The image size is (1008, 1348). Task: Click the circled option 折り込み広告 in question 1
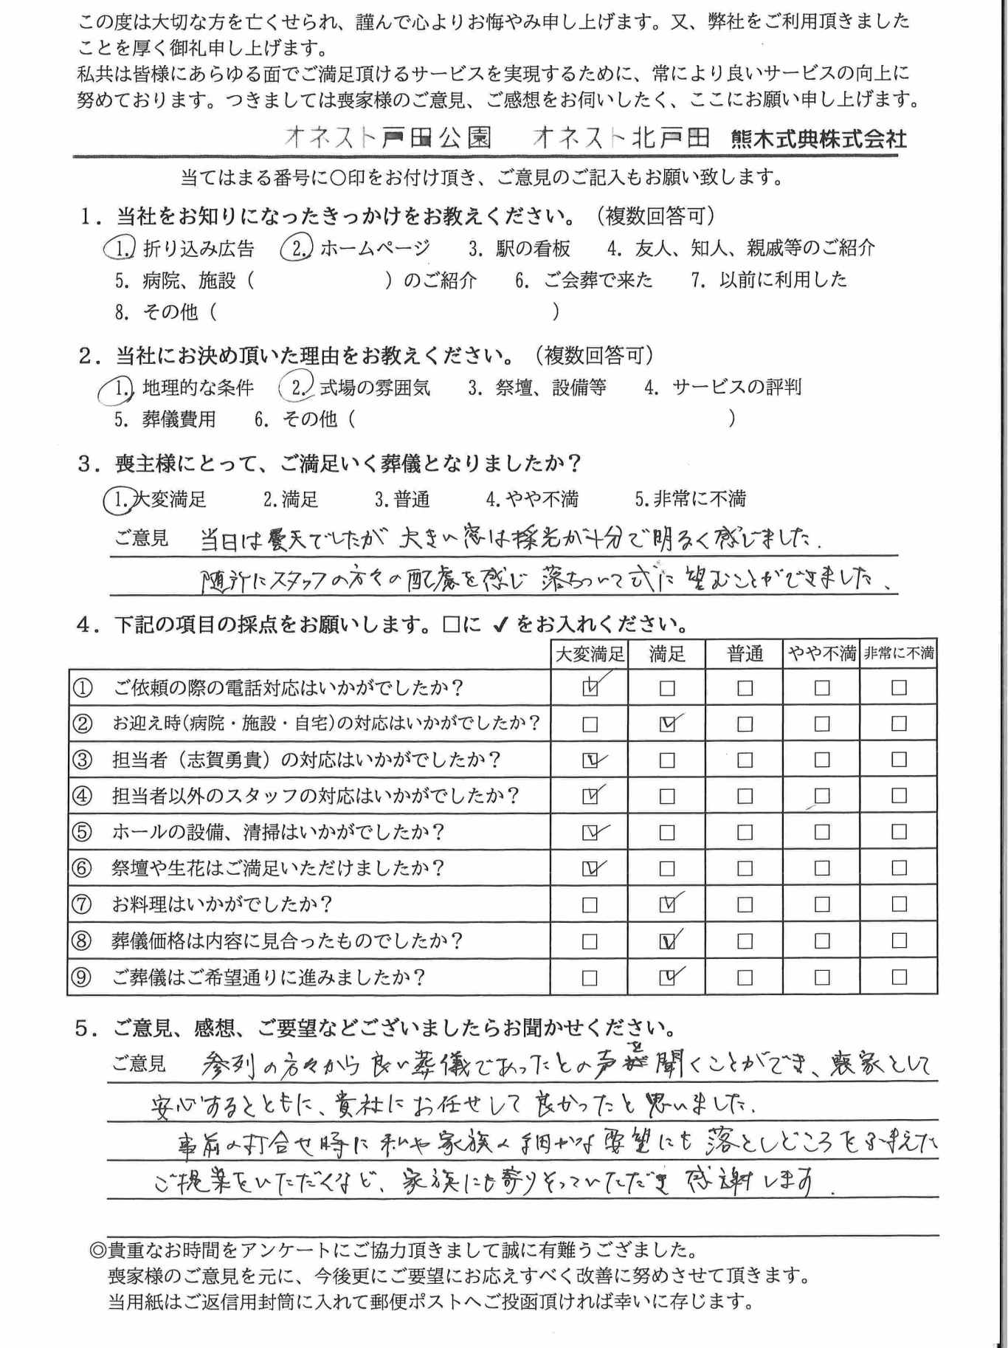point(181,249)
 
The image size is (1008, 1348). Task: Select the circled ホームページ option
point(356,249)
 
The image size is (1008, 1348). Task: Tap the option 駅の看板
point(519,249)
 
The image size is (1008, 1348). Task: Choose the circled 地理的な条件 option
point(177,388)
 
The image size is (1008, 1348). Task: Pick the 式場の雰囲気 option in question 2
point(356,388)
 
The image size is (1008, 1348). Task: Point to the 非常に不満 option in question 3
point(691,500)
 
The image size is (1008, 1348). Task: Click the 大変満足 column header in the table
point(590,653)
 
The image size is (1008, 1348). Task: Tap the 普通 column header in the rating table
point(745,653)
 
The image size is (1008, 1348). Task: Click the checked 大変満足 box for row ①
point(590,688)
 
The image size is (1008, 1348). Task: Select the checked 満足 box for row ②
point(667,724)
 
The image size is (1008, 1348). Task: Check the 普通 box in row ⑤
point(745,832)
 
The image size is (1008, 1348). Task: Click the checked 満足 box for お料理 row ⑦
point(667,904)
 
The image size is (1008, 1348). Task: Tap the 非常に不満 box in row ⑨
point(899,977)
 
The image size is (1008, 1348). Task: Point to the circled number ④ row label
point(82,796)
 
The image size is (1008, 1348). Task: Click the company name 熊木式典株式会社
point(819,139)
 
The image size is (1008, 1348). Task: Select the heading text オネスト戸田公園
point(387,137)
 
